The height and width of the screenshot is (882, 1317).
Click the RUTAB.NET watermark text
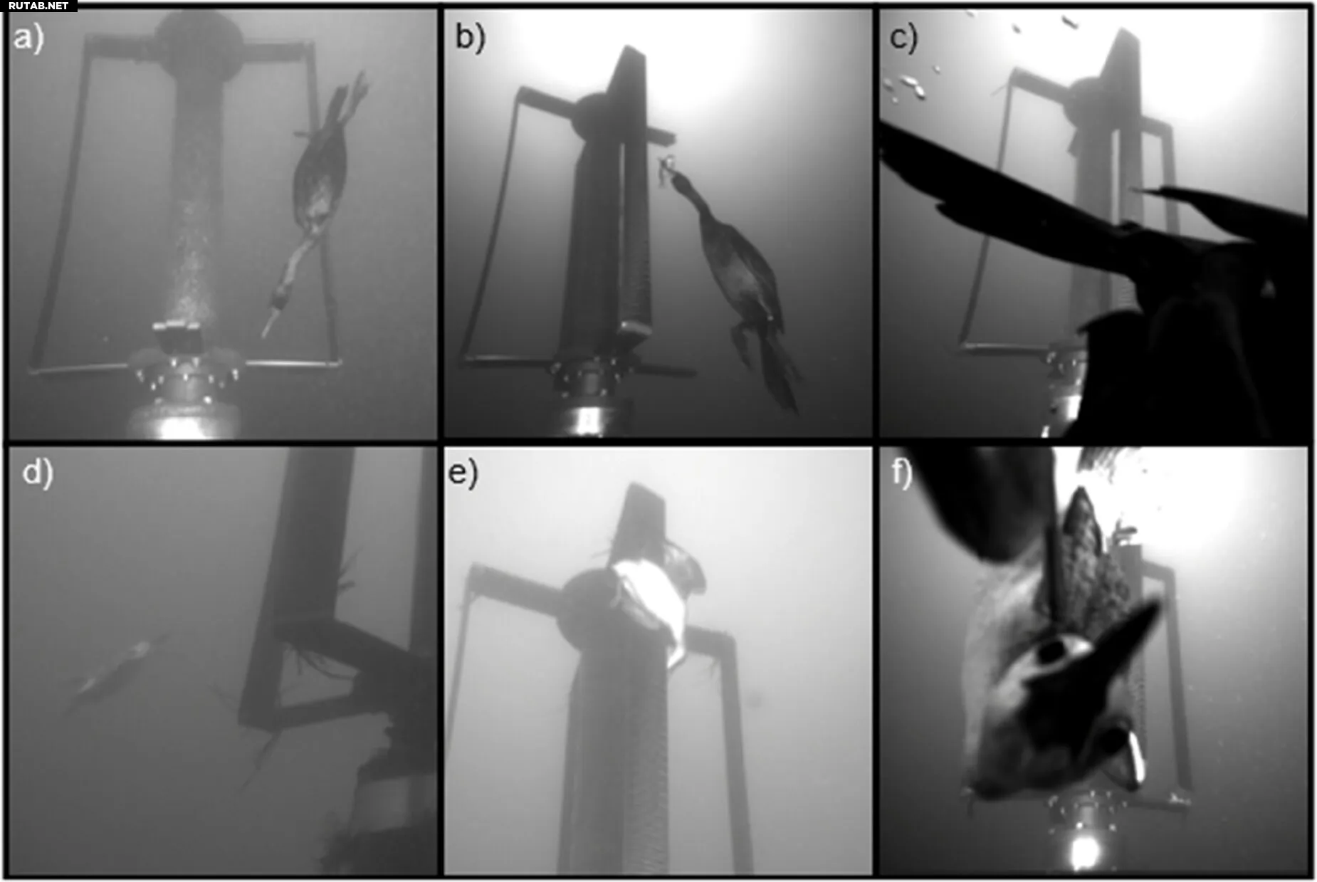pos(38,6)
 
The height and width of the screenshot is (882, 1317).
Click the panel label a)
pos(28,38)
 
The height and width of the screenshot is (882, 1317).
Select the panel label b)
pos(470,37)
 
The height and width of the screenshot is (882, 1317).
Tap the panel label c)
pos(903,37)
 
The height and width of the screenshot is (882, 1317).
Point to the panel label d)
pos(38,473)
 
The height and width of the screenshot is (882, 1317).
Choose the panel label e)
pos(463,473)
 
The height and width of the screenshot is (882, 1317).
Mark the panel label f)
pos(902,473)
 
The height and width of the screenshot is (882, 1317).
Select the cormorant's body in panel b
pos(740,271)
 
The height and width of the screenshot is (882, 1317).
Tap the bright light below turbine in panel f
pos(1083,850)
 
